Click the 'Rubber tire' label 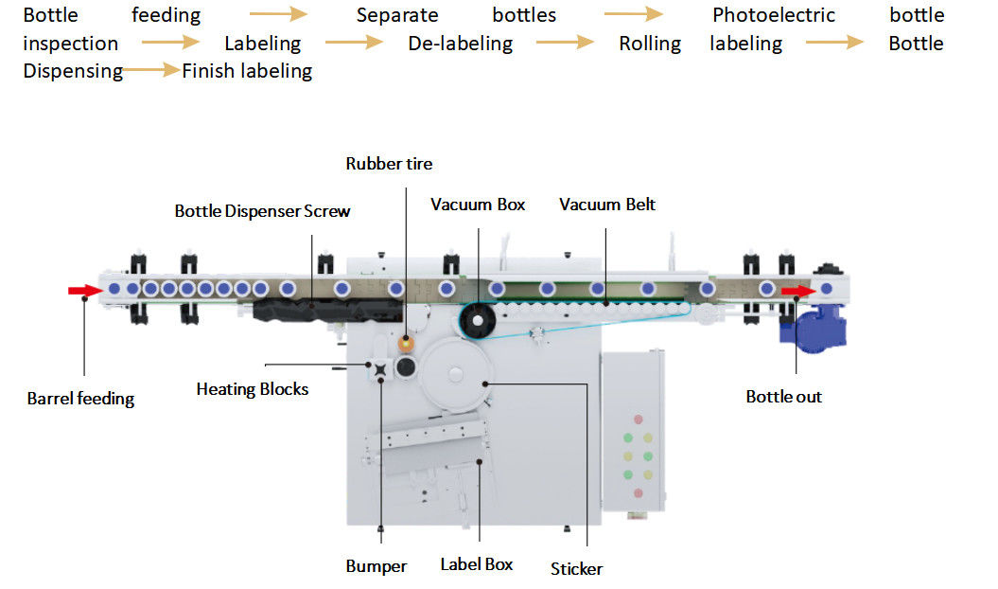click(x=389, y=164)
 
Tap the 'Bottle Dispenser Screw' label click(x=262, y=211)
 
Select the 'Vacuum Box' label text click(x=478, y=205)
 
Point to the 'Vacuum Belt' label click(x=606, y=205)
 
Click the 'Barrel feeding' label click(x=80, y=399)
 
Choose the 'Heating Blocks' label click(x=252, y=388)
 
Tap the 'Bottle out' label click(x=783, y=397)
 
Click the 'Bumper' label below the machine click(x=376, y=566)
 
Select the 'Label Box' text click(x=477, y=564)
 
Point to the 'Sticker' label click(x=576, y=568)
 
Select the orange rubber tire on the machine click(x=407, y=341)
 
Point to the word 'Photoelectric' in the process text click(x=774, y=15)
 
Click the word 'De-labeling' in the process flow click(x=461, y=44)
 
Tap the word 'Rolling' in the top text click(x=650, y=44)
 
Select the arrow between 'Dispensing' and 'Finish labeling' click(x=151, y=70)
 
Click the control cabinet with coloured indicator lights click(x=633, y=430)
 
